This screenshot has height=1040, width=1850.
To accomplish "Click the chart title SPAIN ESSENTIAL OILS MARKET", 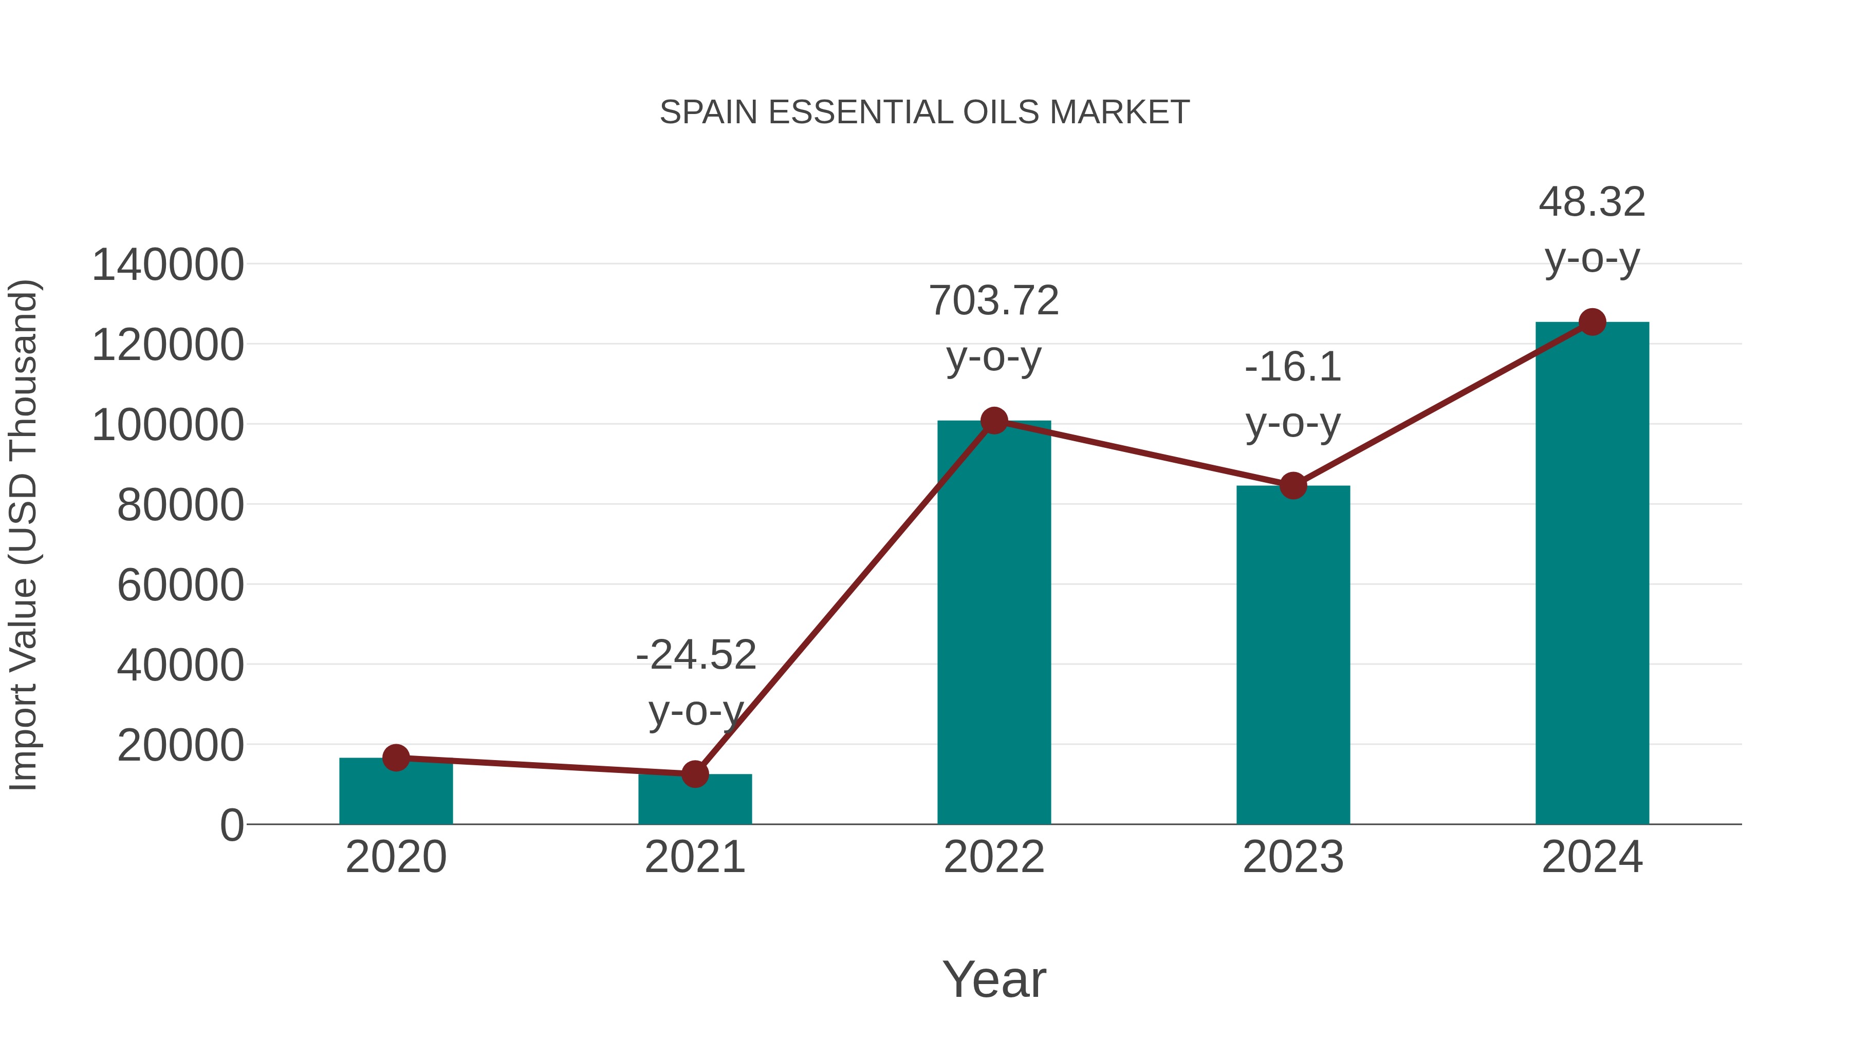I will (924, 112).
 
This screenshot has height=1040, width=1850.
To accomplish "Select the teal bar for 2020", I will (396, 793).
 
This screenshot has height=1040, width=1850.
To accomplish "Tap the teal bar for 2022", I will (994, 625).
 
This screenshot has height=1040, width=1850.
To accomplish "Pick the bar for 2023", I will (1293, 657).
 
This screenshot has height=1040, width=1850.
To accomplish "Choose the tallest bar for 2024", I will (1592, 574).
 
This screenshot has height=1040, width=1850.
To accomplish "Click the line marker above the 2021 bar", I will (694, 774).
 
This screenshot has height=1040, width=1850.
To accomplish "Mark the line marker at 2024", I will (1592, 322).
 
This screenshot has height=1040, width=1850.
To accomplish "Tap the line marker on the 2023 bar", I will (1293, 486).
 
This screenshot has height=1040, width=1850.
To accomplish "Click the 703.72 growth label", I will (994, 301).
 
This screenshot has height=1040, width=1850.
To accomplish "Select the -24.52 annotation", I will (696, 655).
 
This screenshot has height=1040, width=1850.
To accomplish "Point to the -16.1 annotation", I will (1293, 368).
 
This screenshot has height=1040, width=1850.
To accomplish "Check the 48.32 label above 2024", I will (1592, 202).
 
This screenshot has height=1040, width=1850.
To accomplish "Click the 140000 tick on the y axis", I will (168, 265).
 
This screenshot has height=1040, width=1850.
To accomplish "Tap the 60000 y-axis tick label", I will (180, 585).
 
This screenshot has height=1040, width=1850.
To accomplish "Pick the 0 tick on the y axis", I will (231, 825).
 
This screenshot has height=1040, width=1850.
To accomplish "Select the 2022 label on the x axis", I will (994, 858).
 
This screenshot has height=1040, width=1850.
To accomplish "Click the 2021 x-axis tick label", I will (694, 858).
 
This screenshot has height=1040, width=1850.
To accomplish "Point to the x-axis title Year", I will (994, 980).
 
